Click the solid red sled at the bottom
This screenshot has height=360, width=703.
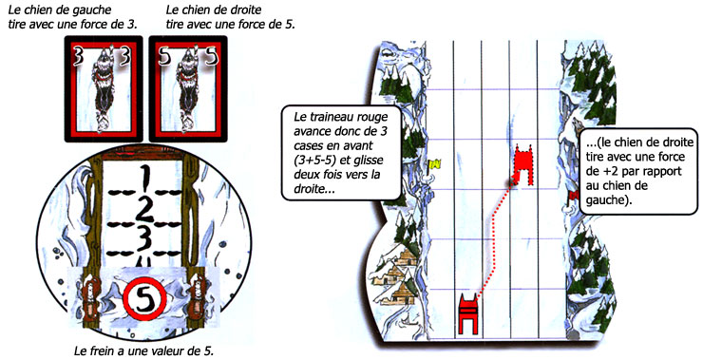click(x=468, y=313)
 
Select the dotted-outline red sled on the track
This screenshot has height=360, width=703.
click(x=523, y=164)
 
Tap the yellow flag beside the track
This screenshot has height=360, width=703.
click(x=435, y=165)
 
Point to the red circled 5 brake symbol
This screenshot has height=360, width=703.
click(x=144, y=300)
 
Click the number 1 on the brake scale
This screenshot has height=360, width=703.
click(x=143, y=179)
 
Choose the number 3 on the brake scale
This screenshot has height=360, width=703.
click(x=143, y=239)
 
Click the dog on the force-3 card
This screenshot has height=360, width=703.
click(x=104, y=89)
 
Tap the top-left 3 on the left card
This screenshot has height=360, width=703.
click(x=78, y=57)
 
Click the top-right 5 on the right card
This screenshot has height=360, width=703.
click(x=211, y=57)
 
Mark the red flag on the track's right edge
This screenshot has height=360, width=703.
click(x=574, y=195)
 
